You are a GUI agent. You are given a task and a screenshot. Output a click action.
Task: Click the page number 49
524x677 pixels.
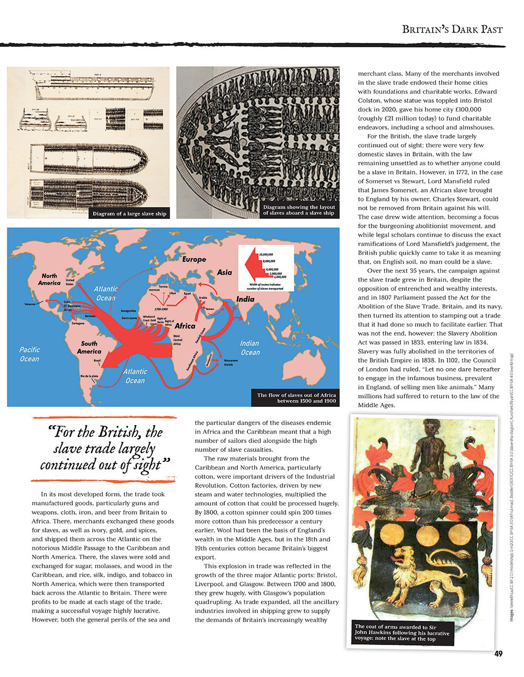498,653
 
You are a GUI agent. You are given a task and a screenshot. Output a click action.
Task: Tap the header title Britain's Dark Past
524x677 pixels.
452,29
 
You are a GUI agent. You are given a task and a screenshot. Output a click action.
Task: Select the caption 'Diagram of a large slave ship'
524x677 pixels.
129,214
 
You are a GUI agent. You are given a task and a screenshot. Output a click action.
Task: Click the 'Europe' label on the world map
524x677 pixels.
194,259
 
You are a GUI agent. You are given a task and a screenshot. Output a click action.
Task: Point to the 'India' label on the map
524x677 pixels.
245,299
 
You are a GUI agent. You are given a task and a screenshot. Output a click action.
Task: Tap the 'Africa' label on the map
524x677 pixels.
185,326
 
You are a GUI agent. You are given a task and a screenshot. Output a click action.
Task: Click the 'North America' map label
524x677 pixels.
49,279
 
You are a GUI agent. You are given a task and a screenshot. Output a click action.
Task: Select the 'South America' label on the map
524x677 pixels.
89,347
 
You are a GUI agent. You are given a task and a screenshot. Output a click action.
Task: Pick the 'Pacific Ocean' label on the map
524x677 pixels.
29,354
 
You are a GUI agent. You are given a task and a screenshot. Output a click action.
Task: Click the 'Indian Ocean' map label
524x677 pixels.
250,348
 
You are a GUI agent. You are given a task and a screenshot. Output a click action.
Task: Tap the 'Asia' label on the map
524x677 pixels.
224,272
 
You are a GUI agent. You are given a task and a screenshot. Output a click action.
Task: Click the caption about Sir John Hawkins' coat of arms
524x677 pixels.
402,632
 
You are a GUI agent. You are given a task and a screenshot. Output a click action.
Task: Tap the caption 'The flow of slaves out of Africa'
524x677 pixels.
296,398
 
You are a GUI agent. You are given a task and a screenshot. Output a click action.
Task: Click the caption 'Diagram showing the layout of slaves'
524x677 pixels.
299,210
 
